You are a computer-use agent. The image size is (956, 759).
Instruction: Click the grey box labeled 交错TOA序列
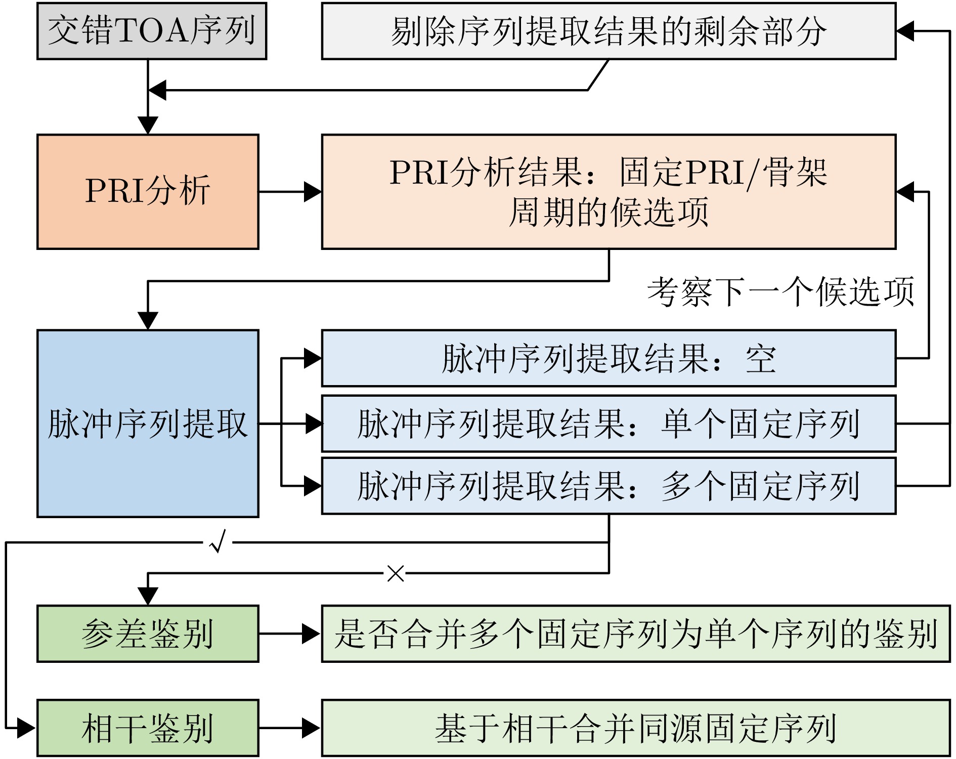point(152,31)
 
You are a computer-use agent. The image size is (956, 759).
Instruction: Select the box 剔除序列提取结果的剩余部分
point(609,31)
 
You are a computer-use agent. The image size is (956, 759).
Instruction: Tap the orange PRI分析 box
point(148,192)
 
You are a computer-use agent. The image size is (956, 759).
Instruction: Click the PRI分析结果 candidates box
point(609,192)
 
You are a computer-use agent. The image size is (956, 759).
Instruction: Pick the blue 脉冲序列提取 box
point(148,424)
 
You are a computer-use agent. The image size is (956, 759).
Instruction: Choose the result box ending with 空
point(609,358)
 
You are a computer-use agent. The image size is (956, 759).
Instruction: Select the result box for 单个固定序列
point(609,424)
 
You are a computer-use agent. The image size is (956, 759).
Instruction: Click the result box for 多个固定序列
point(609,486)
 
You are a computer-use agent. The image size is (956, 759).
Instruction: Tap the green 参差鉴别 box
point(148,634)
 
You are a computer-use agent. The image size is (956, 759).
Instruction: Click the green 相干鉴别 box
point(148,728)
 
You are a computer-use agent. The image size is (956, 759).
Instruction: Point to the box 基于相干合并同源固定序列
point(636,728)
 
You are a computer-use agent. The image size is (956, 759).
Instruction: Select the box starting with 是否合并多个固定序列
point(636,634)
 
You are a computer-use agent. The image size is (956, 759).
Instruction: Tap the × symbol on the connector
point(396,573)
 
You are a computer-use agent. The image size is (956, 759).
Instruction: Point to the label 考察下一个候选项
point(780,292)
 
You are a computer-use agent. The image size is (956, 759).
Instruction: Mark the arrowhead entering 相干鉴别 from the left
point(26,728)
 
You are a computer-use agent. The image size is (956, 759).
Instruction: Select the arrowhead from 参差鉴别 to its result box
point(311,634)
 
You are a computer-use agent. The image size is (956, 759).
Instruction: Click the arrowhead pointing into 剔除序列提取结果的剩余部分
point(905,31)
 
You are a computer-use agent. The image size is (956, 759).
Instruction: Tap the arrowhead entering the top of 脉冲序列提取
point(148,321)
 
